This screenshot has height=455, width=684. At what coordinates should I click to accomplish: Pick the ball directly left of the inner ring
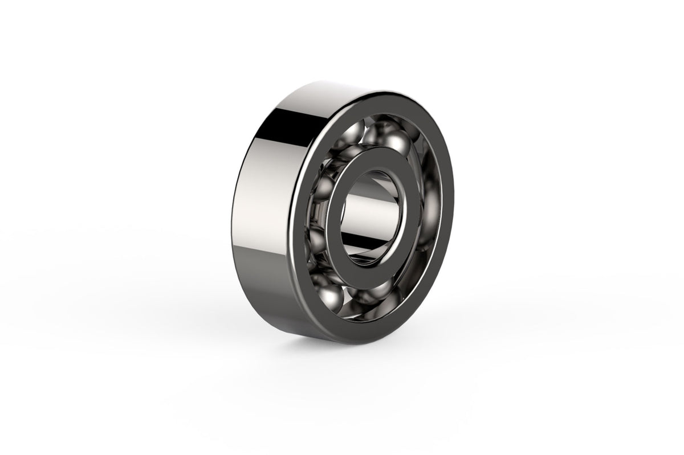point(323,191)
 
